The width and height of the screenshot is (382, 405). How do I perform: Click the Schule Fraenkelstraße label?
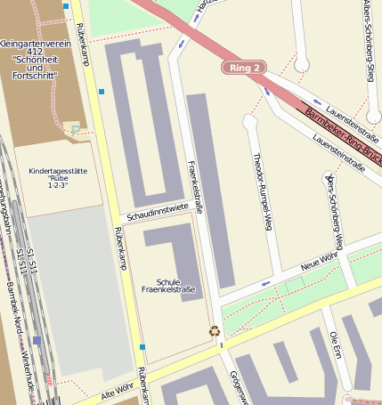(168, 285)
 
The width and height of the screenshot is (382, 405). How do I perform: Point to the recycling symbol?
(215, 331)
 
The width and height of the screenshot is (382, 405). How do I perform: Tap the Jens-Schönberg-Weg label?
(335, 211)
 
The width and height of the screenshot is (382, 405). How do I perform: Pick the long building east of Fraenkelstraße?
(211, 187)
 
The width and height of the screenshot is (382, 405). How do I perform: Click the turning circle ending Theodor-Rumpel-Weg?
(250, 120)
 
